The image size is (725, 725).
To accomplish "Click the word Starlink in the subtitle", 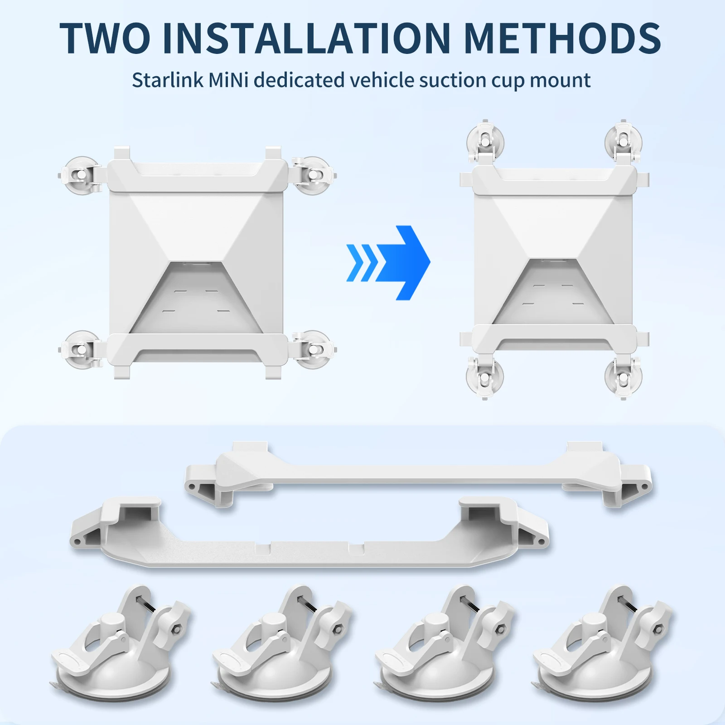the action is point(168,80).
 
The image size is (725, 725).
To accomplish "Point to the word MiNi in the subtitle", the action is point(229,80).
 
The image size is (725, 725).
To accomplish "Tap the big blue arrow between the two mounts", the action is point(388,262).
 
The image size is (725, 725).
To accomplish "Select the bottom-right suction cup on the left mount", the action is point(313,350).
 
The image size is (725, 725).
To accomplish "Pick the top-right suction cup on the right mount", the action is point(623,141).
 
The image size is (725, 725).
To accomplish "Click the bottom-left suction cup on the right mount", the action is point(485,377).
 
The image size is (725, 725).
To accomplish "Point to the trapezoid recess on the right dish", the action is point(553,292).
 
